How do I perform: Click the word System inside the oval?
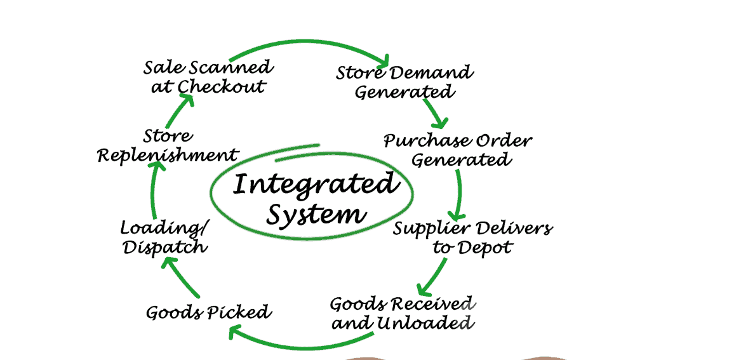[316, 214]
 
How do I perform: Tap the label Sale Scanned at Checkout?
[208, 76]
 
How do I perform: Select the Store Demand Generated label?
[404, 82]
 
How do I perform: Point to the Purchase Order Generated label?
[458, 150]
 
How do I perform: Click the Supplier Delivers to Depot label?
[472, 237]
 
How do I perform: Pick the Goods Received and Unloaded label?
[403, 313]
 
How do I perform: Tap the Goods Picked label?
[208, 312]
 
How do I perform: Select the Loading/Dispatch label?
[164, 237]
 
